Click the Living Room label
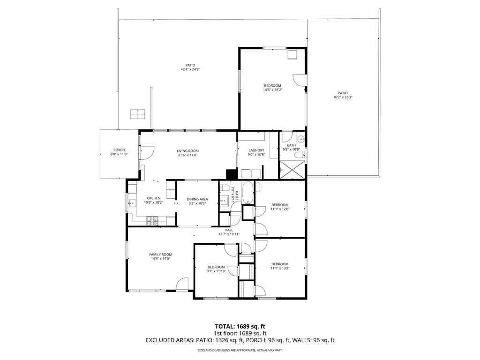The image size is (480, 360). pyautogui.click(x=187, y=151)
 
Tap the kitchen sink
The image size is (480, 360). pyautogui.click(x=132, y=203)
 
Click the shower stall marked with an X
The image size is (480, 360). pyautogui.click(x=292, y=169)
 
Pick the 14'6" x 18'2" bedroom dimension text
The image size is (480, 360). pyautogui.click(x=272, y=90)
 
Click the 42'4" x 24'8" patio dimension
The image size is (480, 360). pyautogui.click(x=190, y=69)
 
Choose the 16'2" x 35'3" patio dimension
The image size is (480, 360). pyautogui.click(x=343, y=97)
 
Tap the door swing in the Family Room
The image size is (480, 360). pyautogui.click(x=182, y=284)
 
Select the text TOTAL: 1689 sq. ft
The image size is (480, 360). pyautogui.click(x=240, y=326)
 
